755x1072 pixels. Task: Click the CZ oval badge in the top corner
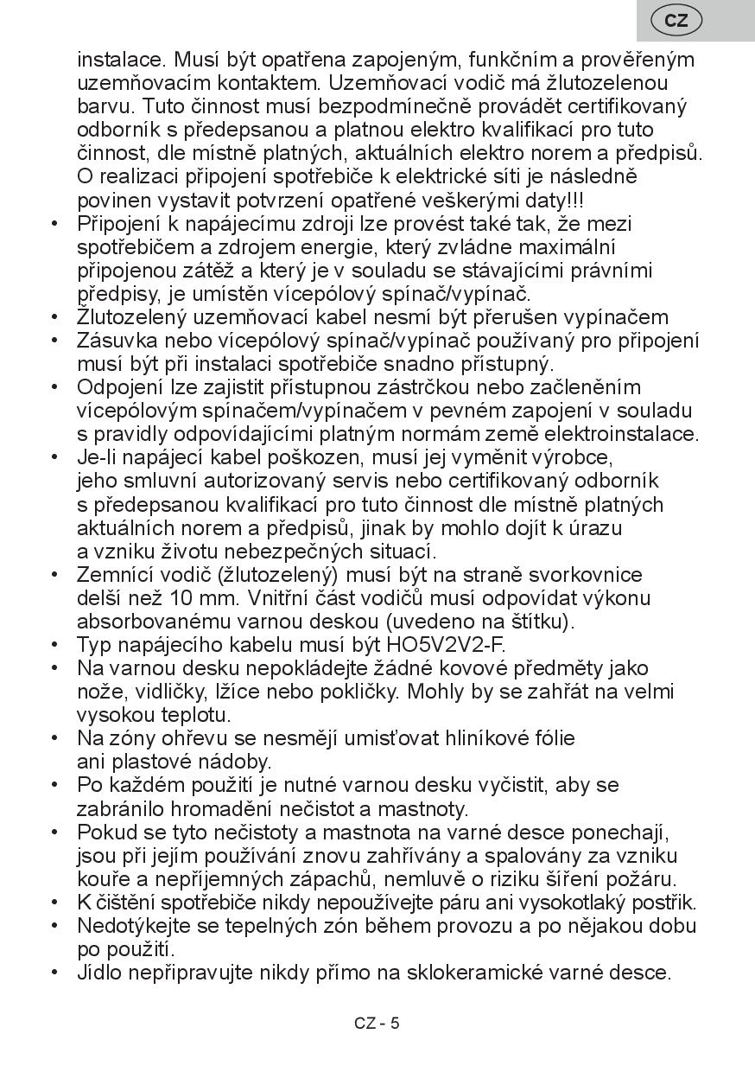(x=676, y=21)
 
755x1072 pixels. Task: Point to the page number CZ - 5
(x=377, y=1024)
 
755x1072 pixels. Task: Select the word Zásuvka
(x=117, y=341)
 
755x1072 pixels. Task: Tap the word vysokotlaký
(x=551, y=903)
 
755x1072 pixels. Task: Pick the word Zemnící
(x=113, y=575)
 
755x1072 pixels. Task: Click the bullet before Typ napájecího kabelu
(x=54, y=645)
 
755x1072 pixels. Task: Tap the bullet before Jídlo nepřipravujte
(x=54, y=973)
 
